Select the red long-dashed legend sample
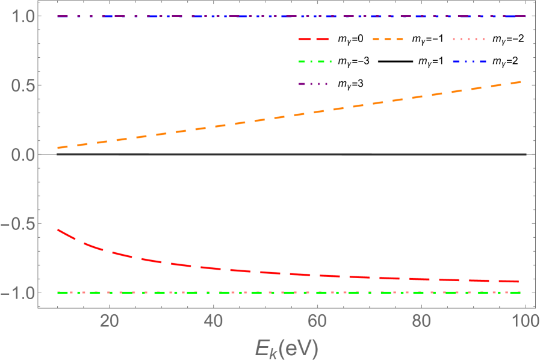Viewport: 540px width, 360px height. click(x=314, y=39)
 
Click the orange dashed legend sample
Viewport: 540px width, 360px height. click(x=388, y=39)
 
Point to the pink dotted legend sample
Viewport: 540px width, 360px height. click(x=469, y=39)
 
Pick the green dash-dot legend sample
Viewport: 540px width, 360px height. click(x=315, y=61)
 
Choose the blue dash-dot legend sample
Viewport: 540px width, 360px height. click(x=469, y=61)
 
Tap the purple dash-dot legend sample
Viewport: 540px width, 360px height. click(x=313, y=84)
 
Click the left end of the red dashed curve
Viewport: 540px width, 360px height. click(x=57, y=229)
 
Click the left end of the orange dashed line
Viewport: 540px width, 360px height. click(x=57, y=147)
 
